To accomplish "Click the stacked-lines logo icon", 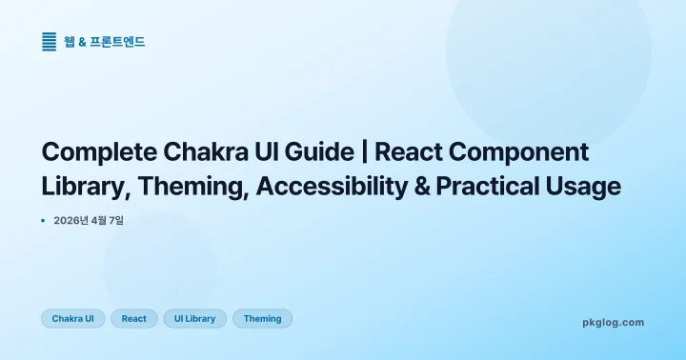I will tap(50, 41).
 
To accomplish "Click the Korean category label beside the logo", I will tap(105, 41).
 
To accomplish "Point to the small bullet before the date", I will tap(44, 221).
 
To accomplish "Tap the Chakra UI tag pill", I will tap(72, 318).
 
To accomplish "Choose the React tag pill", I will tap(134, 318).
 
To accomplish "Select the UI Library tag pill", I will tap(194, 318).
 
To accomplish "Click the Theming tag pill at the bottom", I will tap(262, 318).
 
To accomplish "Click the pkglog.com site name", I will tap(613, 322).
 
